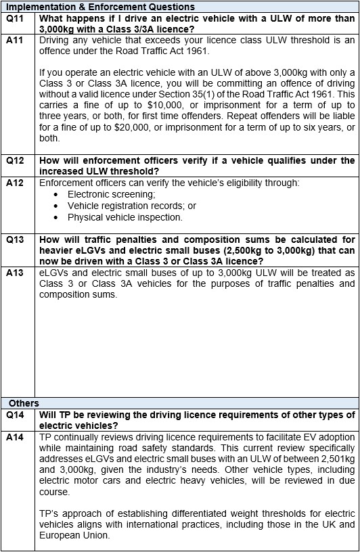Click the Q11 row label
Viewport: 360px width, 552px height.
pyautogui.click(x=15, y=19)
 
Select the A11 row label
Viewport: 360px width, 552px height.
pyautogui.click(x=15, y=40)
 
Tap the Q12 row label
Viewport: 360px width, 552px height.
pyautogui.click(x=15, y=161)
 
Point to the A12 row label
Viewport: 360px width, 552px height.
pyautogui.click(x=15, y=183)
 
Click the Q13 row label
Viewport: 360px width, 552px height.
pyautogui.click(x=15, y=239)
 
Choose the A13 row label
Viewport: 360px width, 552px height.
pyautogui.click(x=15, y=273)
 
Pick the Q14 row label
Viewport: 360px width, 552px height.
pyautogui.click(x=15, y=415)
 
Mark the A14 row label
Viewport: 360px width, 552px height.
pyautogui.click(x=15, y=437)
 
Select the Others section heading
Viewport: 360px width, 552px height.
pyautogui.click(x=24, y=403)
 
